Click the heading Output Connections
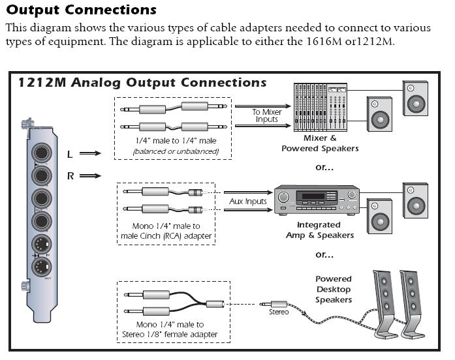pos(82,10)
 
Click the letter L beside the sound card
pos(69,155)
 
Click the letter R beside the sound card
pos(70,176)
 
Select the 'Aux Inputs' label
pos(248,202)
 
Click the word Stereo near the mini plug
pos(279,312)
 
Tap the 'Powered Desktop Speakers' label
pos(334,289)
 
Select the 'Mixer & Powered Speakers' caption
pos(320,143)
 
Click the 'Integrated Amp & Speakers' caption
pos(320,230)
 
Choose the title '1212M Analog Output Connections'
pos(142,83)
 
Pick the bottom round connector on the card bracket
pos(42,267)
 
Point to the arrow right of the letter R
pos(91,176)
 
